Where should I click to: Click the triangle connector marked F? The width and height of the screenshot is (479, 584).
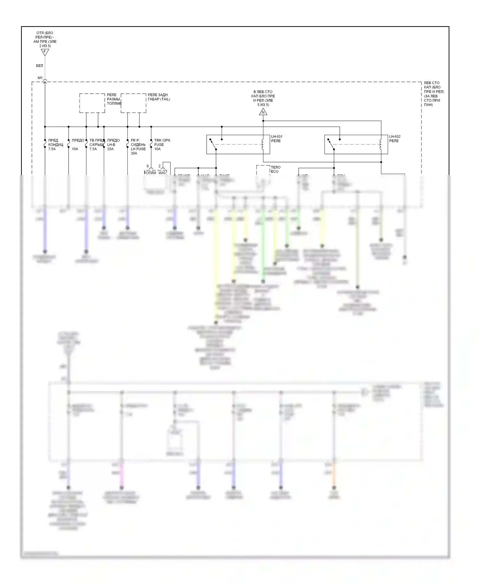45,52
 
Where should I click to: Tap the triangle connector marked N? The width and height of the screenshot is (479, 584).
263,112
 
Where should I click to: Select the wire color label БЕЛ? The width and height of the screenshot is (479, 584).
40,66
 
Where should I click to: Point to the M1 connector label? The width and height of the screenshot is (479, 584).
40,78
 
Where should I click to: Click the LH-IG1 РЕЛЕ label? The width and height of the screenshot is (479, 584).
277,139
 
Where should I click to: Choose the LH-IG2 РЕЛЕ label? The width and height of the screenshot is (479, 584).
395,139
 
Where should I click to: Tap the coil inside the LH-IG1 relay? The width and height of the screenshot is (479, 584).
263,144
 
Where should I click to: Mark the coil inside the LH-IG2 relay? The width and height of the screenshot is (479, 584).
381,144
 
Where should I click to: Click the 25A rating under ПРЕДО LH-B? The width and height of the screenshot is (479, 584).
110,149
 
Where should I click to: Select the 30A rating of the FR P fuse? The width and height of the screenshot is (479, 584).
134,153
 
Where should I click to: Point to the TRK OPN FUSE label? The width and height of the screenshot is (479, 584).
162,145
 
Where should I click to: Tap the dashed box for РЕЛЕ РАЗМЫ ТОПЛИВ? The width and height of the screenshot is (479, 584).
92,103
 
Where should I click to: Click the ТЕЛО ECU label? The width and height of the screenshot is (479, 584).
275,169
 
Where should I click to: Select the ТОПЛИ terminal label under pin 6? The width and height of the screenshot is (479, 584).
150,173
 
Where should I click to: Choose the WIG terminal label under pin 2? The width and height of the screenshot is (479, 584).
162,173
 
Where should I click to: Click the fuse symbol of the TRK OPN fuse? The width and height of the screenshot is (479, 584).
151,145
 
